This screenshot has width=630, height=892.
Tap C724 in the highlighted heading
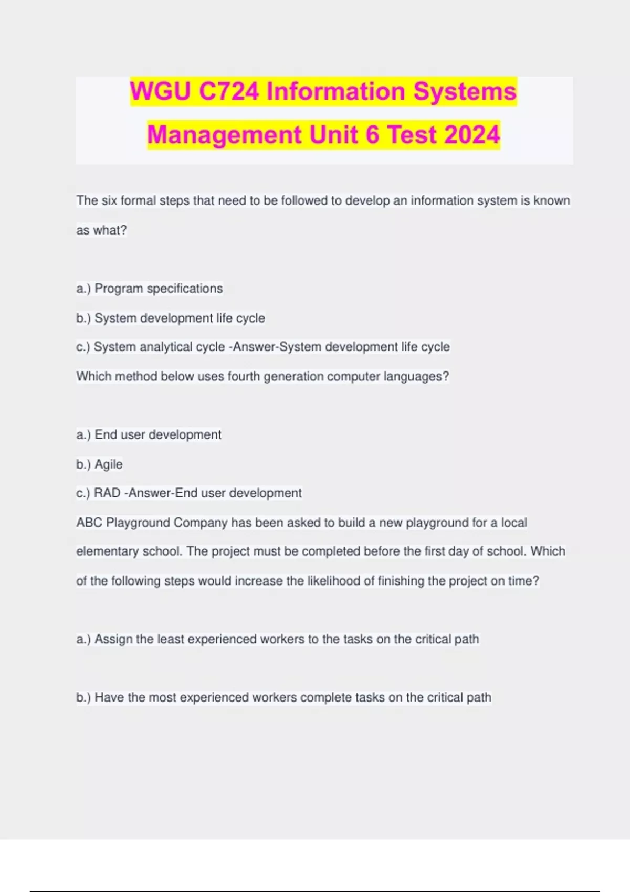pos(229,91)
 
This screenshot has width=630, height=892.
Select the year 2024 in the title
pos(471,134)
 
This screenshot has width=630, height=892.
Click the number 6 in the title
pos(372,134)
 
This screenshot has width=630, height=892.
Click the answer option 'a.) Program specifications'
pos(150,289)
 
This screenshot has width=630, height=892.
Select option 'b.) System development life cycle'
pos(171,318)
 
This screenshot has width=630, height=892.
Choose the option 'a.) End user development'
pos(149,434)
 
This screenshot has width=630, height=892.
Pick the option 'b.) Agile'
pos(100,464)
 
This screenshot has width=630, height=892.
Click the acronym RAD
pos(107,493)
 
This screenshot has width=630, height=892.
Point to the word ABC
pos(89,523)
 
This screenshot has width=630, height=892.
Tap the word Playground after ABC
pos(138,523)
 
